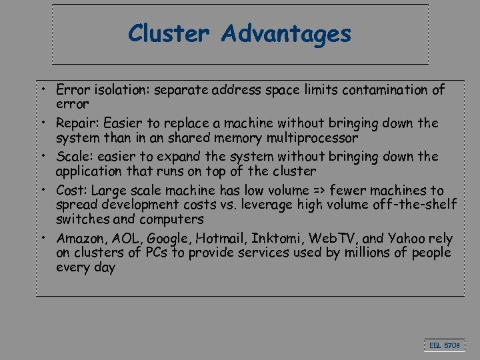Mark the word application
(89, 172)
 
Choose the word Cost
(71, 190)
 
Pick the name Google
(167, 239)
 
